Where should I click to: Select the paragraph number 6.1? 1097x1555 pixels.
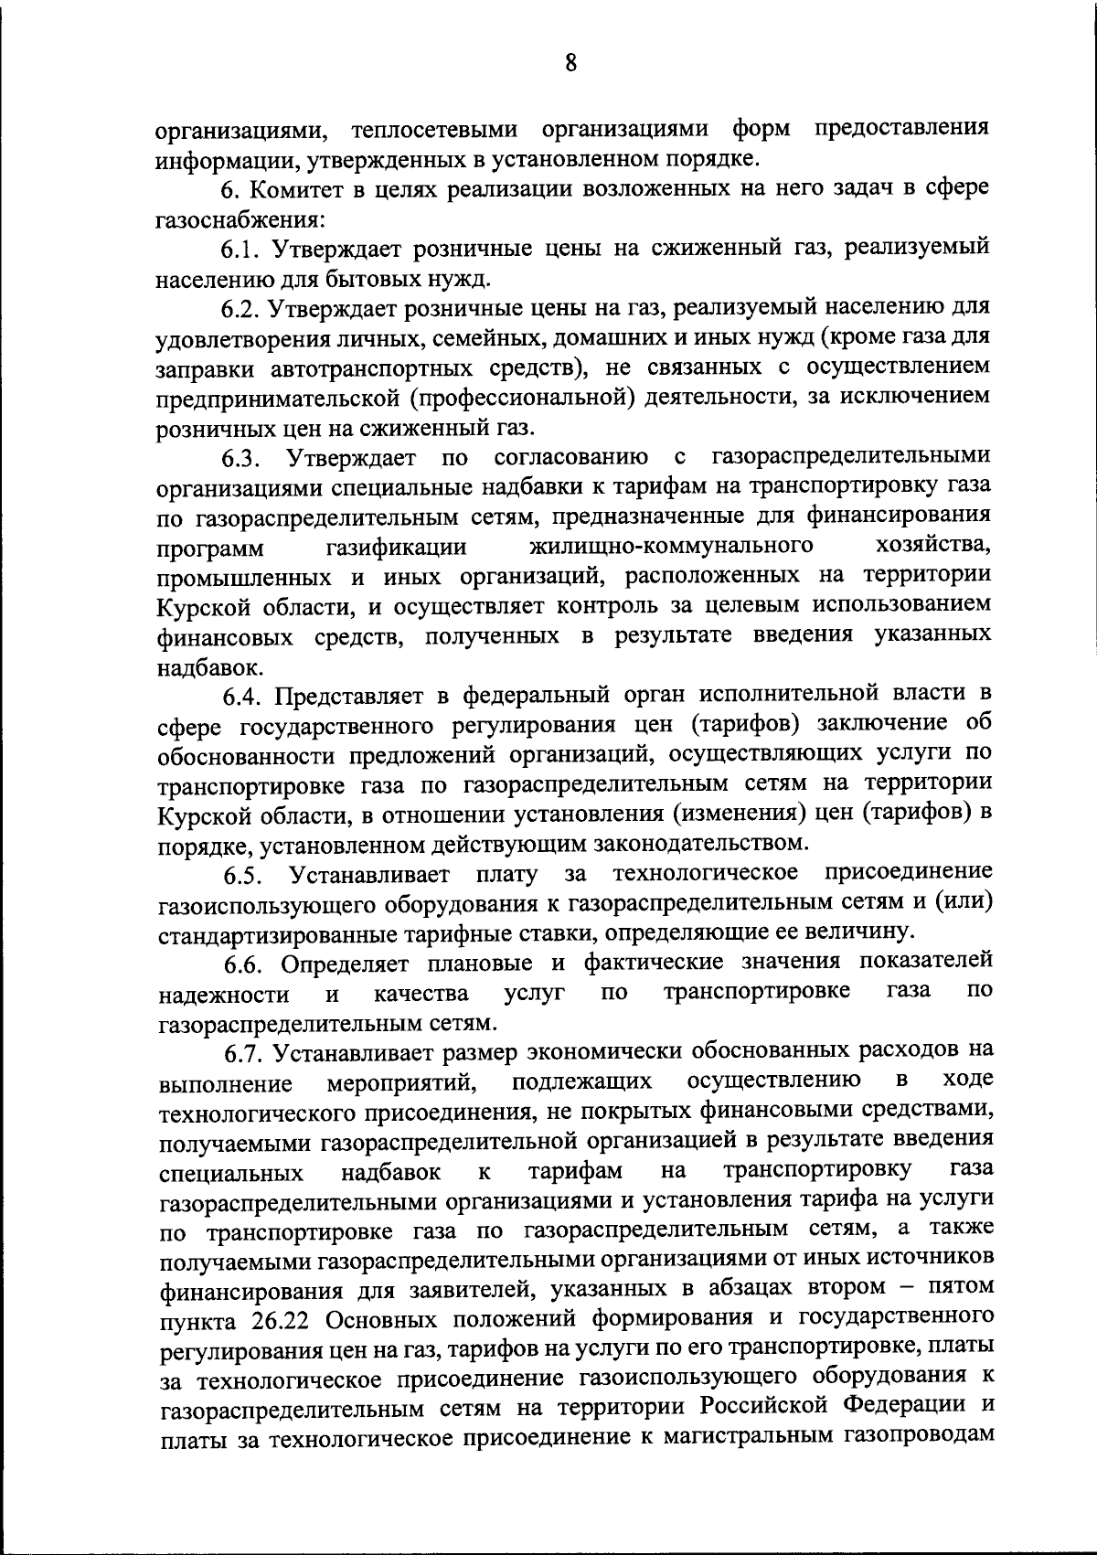coord(241,248)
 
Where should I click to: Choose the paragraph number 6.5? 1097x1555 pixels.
coord(245,876)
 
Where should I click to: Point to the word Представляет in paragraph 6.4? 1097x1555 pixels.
coord(353,697)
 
